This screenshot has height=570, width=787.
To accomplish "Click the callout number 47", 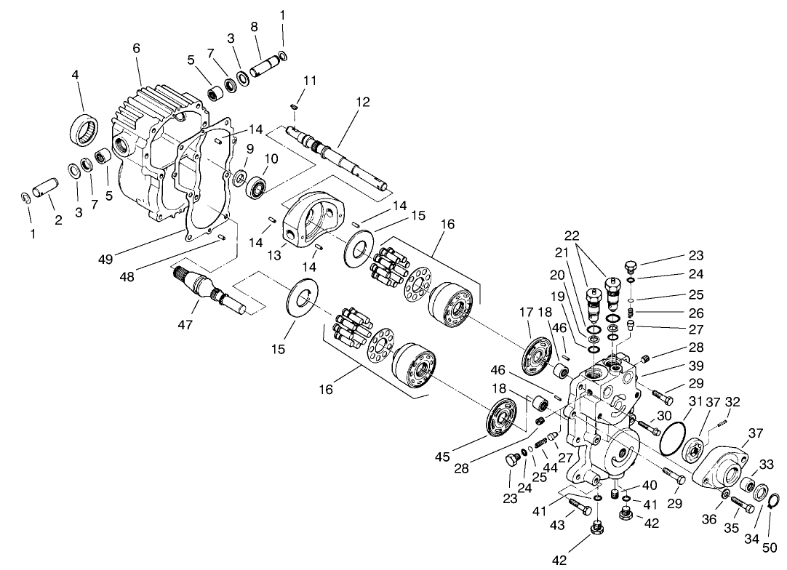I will (x=185, y=325).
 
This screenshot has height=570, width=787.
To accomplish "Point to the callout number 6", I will (x=136, y=47).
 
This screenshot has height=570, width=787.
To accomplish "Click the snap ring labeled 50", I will (x=774, y=499).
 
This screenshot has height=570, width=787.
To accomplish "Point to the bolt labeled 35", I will (x=742, y=504).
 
